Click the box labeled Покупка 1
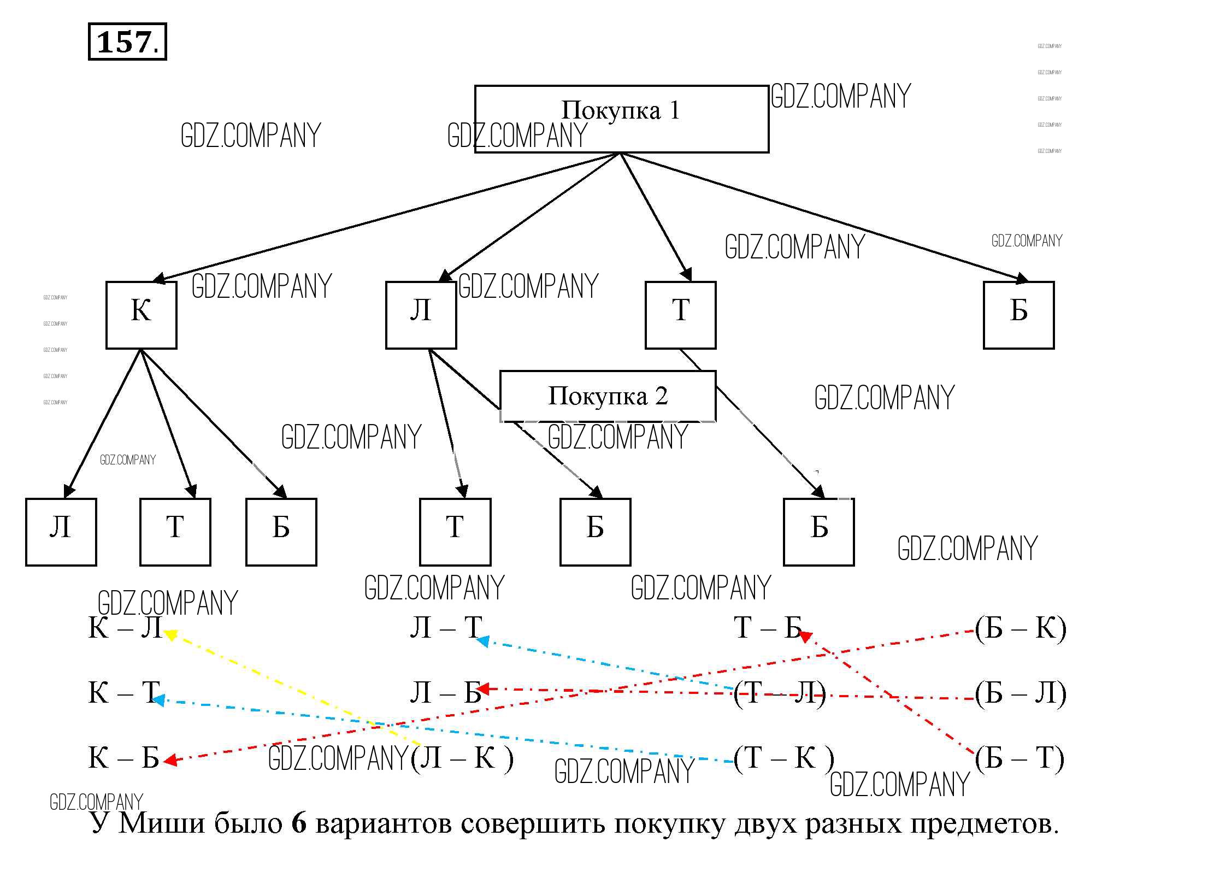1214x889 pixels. point(621,119)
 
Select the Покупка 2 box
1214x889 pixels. point(608,396)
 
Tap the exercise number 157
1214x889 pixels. point(127,42)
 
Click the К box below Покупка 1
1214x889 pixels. point(141,315)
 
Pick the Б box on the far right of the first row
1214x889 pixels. point(1018,315)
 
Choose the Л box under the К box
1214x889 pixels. point(61,532)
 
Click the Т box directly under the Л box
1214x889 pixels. point(455,532)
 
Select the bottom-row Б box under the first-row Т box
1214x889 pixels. point(818,532)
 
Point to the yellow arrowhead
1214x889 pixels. point(170,634)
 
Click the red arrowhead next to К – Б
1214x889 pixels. point(170,760)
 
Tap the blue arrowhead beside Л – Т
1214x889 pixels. point(482,640)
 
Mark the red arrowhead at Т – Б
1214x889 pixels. point(806,635)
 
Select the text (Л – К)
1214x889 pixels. point(462,758)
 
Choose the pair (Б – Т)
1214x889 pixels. point(1019,758)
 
